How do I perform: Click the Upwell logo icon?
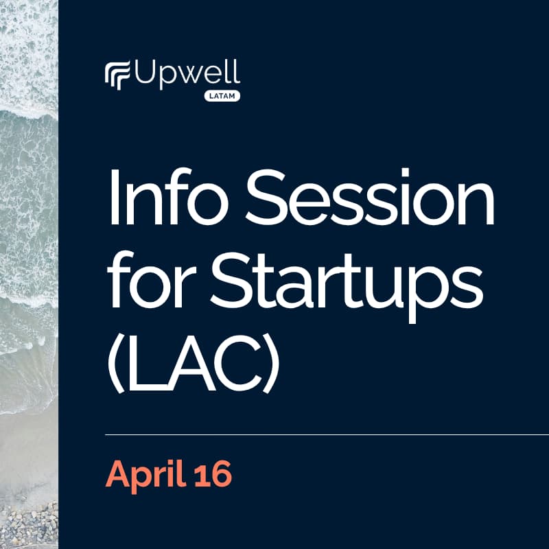tap(117, 75)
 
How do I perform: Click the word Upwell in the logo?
tap(185, 73)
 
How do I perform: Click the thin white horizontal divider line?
tap(326, 435)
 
